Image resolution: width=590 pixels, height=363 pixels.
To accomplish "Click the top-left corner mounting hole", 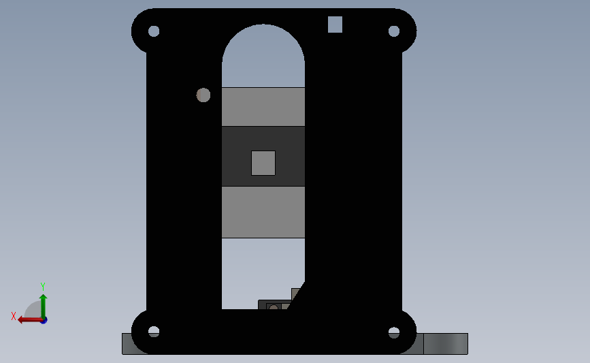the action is click(154, 31).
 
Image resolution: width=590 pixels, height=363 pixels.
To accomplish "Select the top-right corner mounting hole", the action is click(393, 31).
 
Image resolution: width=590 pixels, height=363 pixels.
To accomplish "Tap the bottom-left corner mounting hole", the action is click(154, 332).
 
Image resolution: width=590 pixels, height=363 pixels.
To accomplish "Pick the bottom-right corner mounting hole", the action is click(393, 332).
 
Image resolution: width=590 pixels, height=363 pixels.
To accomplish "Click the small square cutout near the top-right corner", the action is click(335, 24).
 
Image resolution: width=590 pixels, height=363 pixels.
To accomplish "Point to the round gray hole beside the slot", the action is click(203, 95).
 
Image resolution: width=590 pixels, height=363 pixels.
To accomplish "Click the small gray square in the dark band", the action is click(263, 163).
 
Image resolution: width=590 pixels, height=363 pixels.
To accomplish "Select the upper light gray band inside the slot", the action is click(263, 106).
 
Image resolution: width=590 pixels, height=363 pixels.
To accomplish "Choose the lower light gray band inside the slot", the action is click(263, 212).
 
